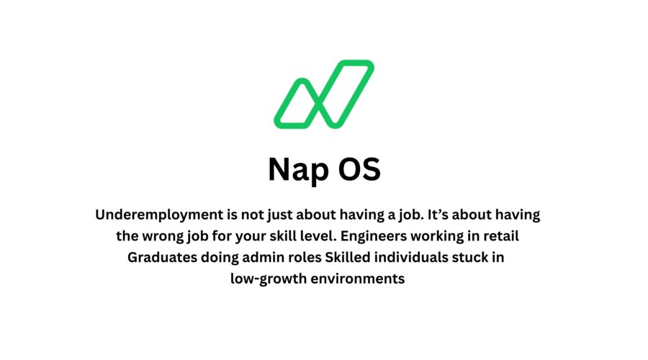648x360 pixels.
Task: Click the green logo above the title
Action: coord(324,94)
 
